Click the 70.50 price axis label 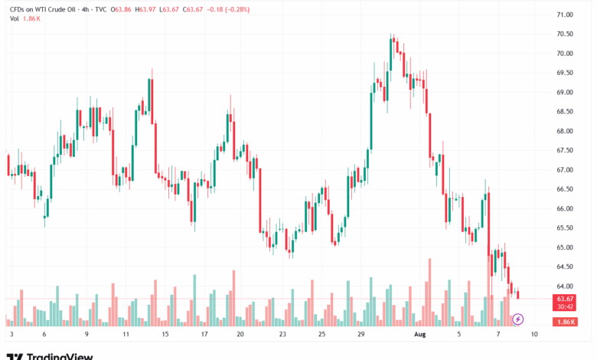coord(566,34)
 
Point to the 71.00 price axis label coord(566,15)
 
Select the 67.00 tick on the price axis coord(566,170)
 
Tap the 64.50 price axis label coord(566,267)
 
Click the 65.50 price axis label coord(566,228)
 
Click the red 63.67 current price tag coord(566,298)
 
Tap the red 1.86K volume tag coord(566,321)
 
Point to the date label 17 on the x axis coord(204,335)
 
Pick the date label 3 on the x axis coord(11,335)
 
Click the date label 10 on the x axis coord(532,335)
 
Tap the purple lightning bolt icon coord(517,319)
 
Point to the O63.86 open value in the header coord(120,9)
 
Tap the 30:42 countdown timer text coord(566,306)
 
